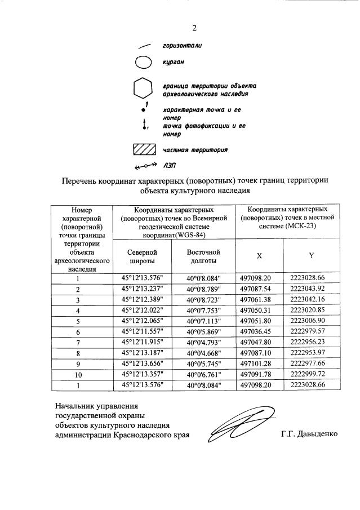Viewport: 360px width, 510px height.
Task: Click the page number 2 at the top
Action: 194,28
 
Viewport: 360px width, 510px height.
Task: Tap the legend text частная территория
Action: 195,150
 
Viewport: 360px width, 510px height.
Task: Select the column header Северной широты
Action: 141,256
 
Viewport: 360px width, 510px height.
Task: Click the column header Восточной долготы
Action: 203,256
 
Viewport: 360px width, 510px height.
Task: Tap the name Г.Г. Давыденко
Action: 310,434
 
